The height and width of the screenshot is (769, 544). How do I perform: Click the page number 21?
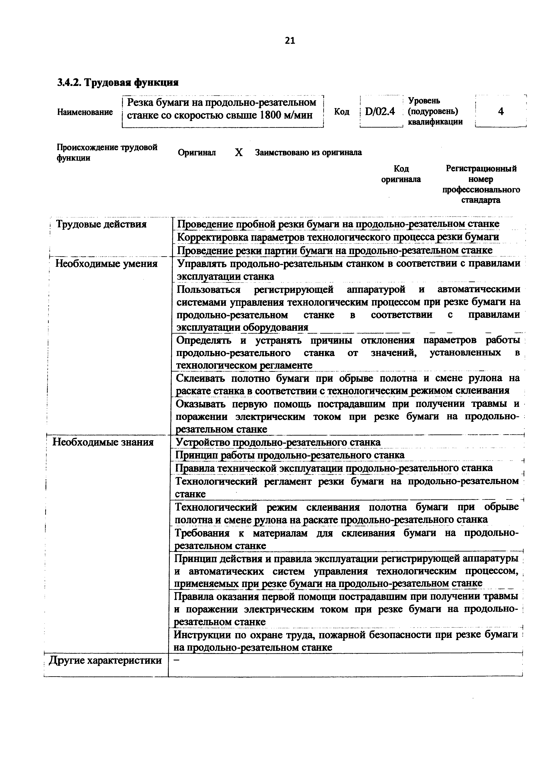(290, 41)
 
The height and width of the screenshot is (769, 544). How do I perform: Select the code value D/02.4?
(380, 111)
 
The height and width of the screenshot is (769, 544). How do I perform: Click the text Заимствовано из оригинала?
(308, 153)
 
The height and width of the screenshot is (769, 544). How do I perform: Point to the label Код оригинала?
(401, 174)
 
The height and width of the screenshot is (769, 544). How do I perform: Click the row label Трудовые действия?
(101, 224)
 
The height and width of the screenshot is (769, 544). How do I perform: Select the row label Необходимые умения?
(106, 264)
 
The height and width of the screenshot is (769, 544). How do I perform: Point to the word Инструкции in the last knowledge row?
(202, 635)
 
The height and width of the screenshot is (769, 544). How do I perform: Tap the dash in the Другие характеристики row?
(177, 659)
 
